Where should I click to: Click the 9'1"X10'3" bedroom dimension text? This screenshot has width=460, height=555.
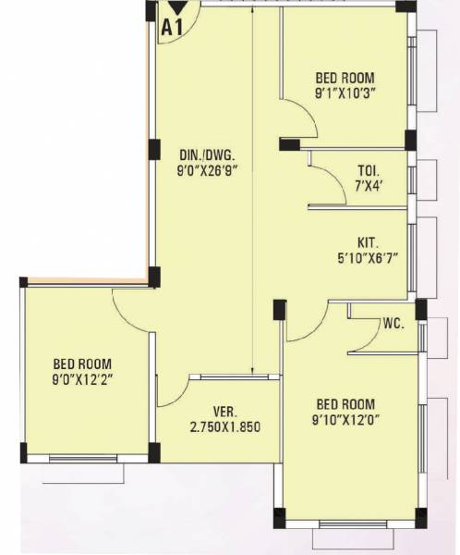click(345, 92)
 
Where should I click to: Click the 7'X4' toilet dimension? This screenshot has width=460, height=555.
click(369, 185)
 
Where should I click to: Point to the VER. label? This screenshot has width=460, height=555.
click(216, 412)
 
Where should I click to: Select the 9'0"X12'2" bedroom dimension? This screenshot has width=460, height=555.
click(83, 377)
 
